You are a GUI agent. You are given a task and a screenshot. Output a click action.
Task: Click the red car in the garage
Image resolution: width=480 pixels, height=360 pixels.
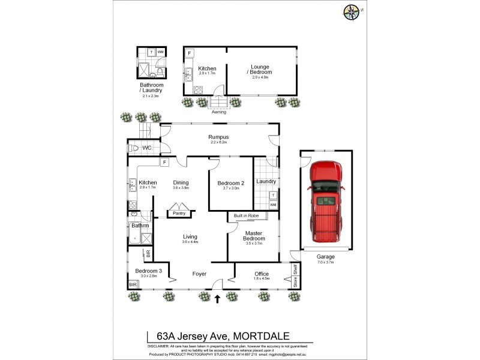tap(326, 201)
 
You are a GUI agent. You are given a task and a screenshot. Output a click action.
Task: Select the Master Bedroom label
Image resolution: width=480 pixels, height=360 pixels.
tap(255, 236)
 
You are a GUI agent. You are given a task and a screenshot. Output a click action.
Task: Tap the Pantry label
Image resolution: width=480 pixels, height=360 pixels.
tap(179, 213)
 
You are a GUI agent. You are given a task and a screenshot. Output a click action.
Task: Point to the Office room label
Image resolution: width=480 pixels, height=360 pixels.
tap(262, 273)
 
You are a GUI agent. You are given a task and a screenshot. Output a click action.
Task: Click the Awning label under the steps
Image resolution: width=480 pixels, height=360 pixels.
tap(219, 112)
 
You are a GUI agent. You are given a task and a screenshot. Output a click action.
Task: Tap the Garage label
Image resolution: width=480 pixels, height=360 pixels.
tap(326, 257)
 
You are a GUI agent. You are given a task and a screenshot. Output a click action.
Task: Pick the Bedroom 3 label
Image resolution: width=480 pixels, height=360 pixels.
tap(146, 271)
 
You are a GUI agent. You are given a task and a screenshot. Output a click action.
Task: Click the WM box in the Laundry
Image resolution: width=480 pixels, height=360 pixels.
tap(273, 205)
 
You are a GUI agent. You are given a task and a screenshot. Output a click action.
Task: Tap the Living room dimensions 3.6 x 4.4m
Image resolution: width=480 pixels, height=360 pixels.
tap(190, 242)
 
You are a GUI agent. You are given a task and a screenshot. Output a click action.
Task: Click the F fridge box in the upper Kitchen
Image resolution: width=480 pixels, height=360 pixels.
tap(190, 53)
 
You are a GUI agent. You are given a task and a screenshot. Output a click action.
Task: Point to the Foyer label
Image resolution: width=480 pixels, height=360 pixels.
tap(199, 274)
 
